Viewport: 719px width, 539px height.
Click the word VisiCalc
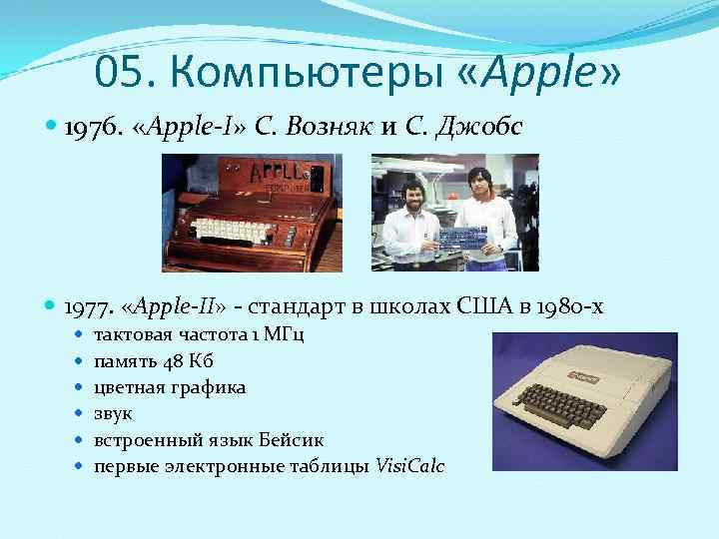pyautogui.click(x=409, y=466)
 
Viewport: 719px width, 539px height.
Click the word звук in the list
pyautogui.click(x=113, y=413)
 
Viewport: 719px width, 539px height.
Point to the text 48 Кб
pyautogui.click(x=186, y=359)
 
